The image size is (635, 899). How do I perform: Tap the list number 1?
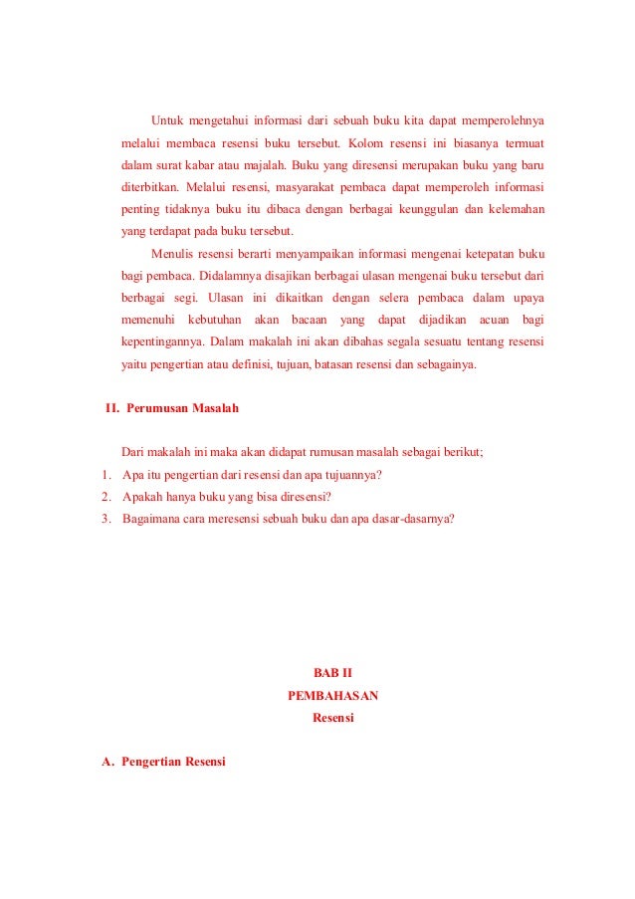coord(105,474)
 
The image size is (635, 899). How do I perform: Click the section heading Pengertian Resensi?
coord(173,762)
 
